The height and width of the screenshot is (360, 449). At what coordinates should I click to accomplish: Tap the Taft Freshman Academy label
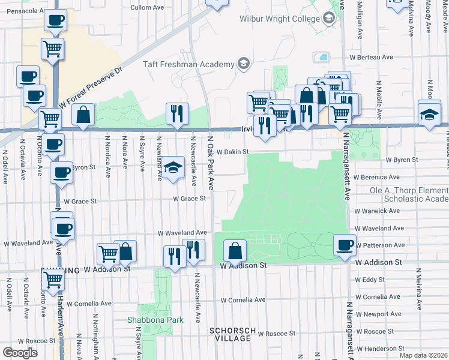188,64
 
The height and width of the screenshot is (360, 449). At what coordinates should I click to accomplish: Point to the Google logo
20,353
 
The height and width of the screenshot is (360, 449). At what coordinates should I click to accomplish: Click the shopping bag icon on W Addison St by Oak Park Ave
235,250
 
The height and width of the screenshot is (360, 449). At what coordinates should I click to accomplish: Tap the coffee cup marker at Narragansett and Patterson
345,245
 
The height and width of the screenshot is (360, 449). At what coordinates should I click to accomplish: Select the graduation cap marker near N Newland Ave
173,169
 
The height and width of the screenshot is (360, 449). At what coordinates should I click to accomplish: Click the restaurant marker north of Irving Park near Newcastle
176,113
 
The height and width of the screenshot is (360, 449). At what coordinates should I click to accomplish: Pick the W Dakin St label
232,152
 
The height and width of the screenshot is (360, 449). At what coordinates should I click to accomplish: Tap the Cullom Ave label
148,8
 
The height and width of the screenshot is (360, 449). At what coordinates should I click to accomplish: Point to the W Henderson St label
378,349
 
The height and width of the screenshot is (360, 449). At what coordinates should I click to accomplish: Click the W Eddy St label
370,280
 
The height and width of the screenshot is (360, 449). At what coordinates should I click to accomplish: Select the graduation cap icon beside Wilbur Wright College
329,19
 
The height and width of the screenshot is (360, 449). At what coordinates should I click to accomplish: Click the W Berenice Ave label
376,177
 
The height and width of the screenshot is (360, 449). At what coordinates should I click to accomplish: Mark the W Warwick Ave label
377,211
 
